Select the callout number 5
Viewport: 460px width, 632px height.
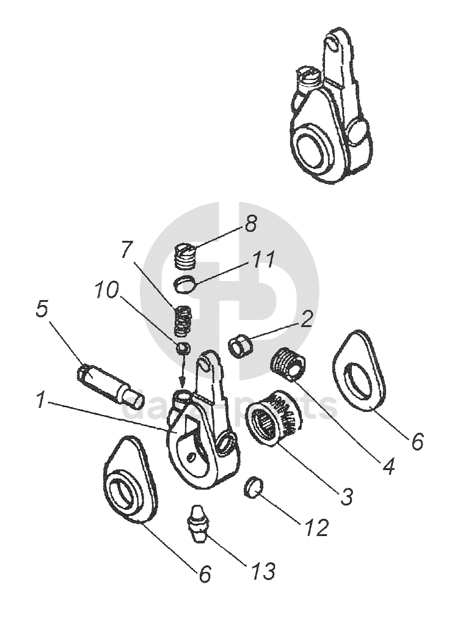tap(42, 309)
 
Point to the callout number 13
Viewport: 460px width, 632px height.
tap(261, 571)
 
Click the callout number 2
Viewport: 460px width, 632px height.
tap(307, 318)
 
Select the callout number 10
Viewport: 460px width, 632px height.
tap(108, 290)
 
